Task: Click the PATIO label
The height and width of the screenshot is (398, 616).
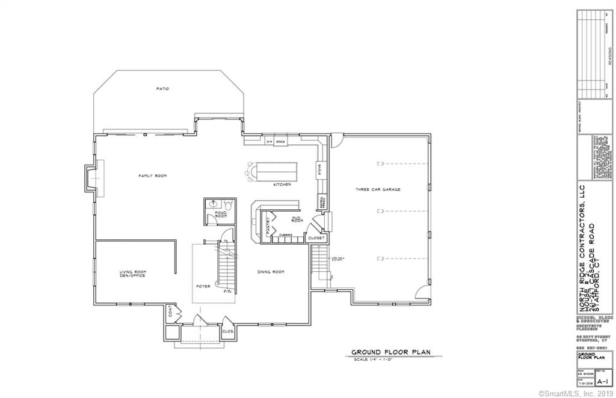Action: pyautogui.click(x=162, y=88)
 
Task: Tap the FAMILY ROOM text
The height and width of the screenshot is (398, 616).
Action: pyautogui.click(x=152, y=176)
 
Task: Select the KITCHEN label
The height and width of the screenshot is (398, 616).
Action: pyautogui.click(x=282, y=185)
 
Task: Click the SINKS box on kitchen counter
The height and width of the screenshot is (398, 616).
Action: pyautogui.click(x=280, y=141)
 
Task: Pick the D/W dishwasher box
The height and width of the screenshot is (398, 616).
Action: pyautogui.click(x=269, y=141)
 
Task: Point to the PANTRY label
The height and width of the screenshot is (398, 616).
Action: pyautogui.click(x=268, y=225)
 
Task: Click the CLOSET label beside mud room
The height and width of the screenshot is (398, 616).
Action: pyautogui.click(x=316, y=238)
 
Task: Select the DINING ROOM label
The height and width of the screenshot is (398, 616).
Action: pyautogui.click(x=270, y=272)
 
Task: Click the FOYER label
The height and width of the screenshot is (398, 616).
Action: pyautogui.click(x=203, y=287)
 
